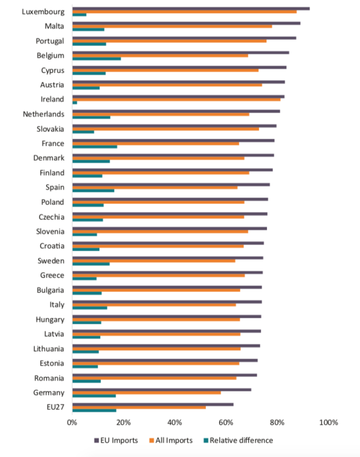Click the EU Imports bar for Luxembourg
pyautogui.click(x=191, y=9)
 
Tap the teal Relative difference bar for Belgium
pyautogui.click(x=97, y=58)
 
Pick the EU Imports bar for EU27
pyautogui.click(x=153, y=404)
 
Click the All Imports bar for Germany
pyautogui.click(x=146, y=392)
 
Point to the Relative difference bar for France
pyautogui.click(x=95, y=146)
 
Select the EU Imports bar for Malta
pyautogui.click(x=186, y=23)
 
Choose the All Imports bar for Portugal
pyautogui.click(x=169, y=41)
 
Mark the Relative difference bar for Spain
pyautogui.click(x=93, y=190)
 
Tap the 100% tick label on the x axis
pyautogui.click(x=329, y=423)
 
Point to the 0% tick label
pyautogui.click(x=72, y=423)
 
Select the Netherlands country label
pyautogui.click(x=44, y=114)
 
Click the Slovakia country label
pyautogui.click(x=50, y=129)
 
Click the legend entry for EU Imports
pyautogui.click(x=117, y=440)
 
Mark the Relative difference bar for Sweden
pyautogui.click(x=91, y=264)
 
